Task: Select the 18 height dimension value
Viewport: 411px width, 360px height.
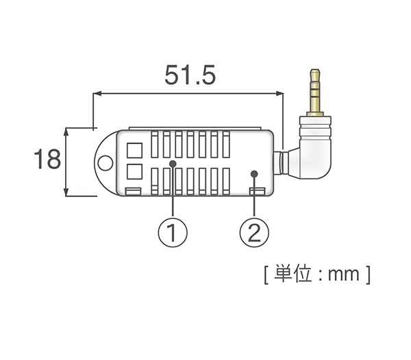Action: pyautogui.click(x=48, y=161)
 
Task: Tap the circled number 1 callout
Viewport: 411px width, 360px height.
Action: pyautogui.click(x=173, y=233)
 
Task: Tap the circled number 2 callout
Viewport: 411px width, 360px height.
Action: pyautogui.click(x=254, y=233)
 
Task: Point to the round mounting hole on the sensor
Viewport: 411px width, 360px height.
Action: pyautogui.click(x=105, y=163)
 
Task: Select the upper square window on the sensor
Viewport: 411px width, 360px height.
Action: pyautogui.click(x=135, y=149)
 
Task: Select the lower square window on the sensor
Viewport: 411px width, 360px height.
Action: pyautogui.click(x=135, y=170)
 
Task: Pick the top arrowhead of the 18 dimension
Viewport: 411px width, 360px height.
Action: pyautogui.click(x=66, y=131)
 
